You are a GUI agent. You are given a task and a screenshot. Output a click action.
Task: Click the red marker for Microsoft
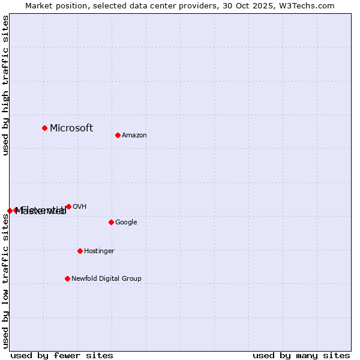point(44,128)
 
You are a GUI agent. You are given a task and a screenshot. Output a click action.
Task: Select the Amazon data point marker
point(118,135)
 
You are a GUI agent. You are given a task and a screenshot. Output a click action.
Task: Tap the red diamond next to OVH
point(68,206)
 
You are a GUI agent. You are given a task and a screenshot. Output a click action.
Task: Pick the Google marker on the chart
point(111,222)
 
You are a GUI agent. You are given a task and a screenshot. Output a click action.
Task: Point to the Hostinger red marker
point(80,251)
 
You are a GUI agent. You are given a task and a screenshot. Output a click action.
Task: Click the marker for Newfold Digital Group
point(67,278)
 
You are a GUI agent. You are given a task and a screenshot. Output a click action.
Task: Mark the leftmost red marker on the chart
point(10,211)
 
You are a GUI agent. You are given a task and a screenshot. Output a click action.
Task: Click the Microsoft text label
point(71,128)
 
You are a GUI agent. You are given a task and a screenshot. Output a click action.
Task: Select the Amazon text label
point(134,136)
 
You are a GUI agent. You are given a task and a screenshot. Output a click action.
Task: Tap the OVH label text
point(80,207)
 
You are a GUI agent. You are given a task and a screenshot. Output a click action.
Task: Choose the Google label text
point(126,223)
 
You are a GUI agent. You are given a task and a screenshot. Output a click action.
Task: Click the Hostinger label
point(99,251)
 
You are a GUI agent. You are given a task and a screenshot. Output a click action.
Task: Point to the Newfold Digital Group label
point(106,279)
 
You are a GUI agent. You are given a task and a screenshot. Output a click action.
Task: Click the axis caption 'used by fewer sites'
point(62,355)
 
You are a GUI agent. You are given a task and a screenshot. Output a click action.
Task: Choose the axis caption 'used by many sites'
point(301,355)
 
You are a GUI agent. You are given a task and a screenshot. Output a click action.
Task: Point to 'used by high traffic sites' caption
point(5,85)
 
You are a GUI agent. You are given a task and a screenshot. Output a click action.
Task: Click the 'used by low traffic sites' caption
point(5,281)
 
